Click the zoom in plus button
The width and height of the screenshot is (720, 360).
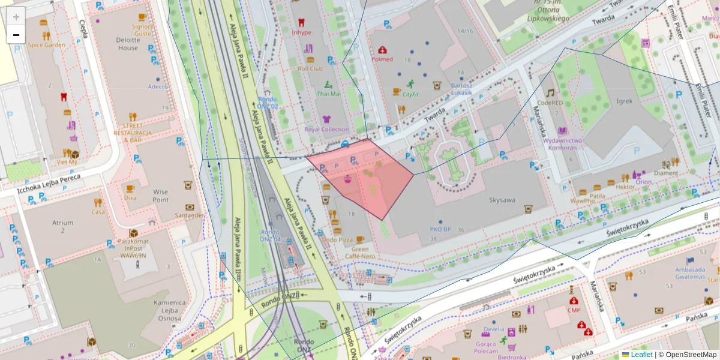point(16,17)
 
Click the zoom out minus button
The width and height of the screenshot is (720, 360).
point(16,35)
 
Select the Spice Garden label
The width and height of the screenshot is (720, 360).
point(46,45)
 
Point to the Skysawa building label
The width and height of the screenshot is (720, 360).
point(502,200)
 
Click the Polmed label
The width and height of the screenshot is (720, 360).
point(382,59)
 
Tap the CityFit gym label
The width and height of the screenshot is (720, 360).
point(410,94)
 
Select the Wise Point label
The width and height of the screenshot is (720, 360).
point(160,196)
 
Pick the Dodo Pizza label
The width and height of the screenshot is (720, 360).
point(337,239)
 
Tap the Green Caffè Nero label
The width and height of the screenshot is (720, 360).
point(359,253)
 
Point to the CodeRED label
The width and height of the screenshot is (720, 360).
point(550,103)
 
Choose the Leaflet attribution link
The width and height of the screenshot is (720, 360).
point(641,355)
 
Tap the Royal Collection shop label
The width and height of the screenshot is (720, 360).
point(326,129)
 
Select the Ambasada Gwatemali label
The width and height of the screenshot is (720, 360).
point(689,273)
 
